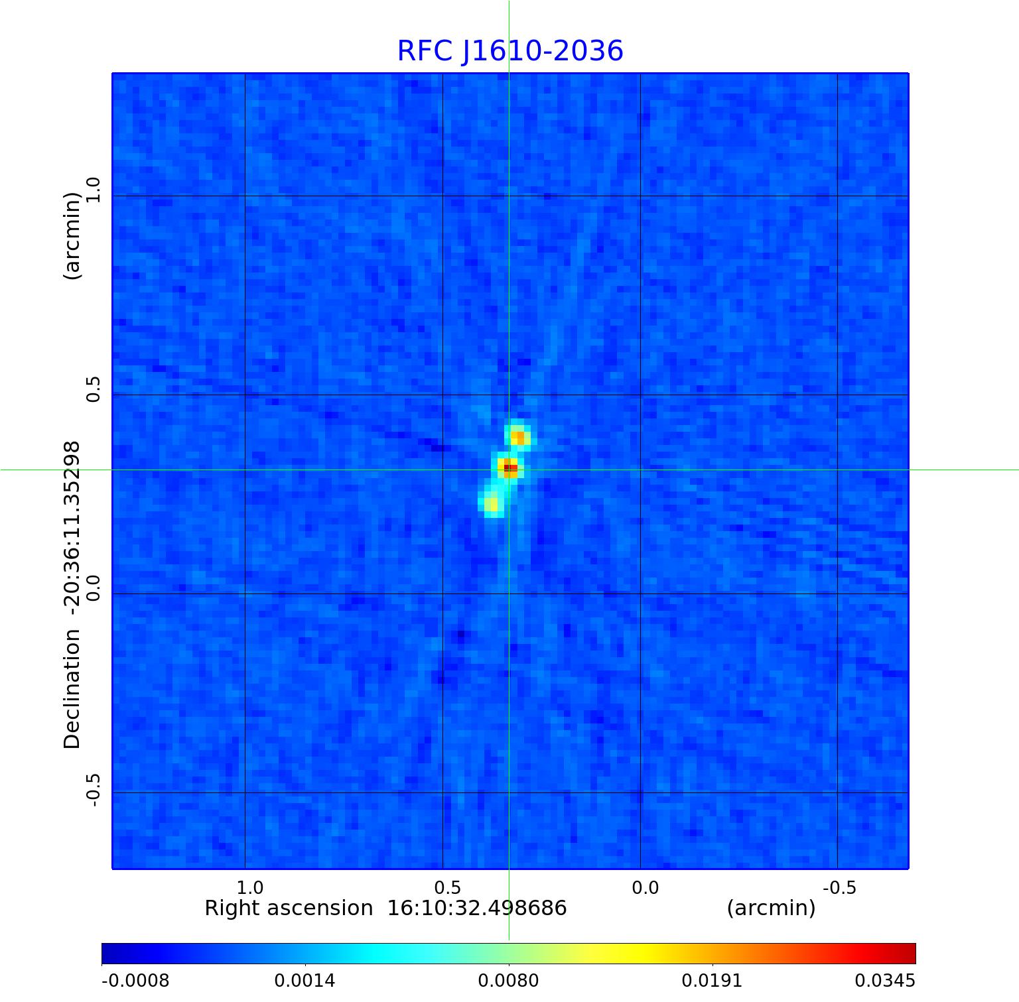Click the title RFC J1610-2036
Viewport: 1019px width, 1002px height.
[x=509, y=51]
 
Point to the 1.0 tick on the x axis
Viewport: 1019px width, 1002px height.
[x=250, y=887]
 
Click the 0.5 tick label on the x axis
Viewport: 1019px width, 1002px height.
[x=447, y=887]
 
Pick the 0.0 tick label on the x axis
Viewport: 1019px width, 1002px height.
[x=645, y=887]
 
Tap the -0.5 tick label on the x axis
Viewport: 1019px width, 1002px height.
[x=839, y=887]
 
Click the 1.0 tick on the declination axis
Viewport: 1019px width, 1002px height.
[x=93, y=190]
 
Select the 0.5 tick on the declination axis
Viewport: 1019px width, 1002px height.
[x=93, y=389]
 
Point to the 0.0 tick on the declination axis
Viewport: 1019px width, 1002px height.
[x=93, y=588]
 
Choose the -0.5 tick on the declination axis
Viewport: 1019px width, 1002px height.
[x=93, y=790]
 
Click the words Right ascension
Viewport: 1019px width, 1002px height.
[x=289, y=908]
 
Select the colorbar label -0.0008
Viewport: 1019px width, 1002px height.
[x=135, y=980]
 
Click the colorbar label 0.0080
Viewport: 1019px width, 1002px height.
[x=509, y=980]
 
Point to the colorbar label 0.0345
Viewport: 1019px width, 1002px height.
[x=884, y=980]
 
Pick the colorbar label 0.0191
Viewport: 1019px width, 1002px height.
[x=713, y=980]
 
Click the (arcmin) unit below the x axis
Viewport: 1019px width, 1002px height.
[x=771, y=908]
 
